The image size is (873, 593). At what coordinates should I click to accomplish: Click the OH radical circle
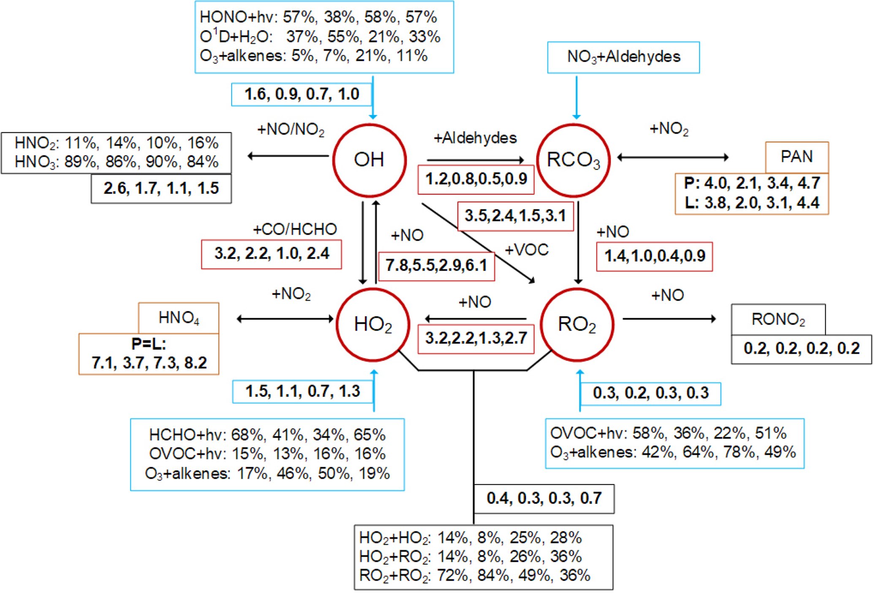click(370, 160)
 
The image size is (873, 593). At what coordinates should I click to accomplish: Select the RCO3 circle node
click(573, 160)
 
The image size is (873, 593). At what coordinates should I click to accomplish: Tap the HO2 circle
click(373, 325)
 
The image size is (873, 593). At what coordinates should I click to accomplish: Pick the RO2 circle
click(577, 325)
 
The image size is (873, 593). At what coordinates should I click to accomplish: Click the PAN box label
click(797, 157)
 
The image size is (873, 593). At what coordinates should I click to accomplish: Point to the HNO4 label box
click(179, 318)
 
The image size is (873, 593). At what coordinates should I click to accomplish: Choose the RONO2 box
click(778, 320)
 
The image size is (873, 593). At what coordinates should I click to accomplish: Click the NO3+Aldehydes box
click(623, 57)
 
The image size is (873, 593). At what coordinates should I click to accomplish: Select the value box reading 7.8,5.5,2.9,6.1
click(436, 266)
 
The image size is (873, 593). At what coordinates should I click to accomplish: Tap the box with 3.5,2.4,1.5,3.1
click(515, 216)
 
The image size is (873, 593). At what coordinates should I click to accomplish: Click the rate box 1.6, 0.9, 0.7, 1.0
click(302, 94)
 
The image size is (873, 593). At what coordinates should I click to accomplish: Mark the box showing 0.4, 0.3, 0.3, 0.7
click(544, 498)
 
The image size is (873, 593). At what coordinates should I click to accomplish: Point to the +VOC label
click(527, 250)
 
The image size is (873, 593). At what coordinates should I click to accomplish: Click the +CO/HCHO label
click(295, 229)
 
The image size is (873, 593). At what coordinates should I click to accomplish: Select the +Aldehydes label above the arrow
click(475, 138)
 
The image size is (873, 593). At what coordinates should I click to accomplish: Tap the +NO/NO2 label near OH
click(291, 130)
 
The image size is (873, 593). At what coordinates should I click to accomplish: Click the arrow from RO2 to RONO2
click(669, 319)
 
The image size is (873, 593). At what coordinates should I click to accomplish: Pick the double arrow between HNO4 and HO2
click(285, 319)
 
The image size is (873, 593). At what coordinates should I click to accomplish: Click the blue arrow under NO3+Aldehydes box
click(577, 97)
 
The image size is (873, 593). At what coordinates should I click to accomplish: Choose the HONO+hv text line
click(318, 17)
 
